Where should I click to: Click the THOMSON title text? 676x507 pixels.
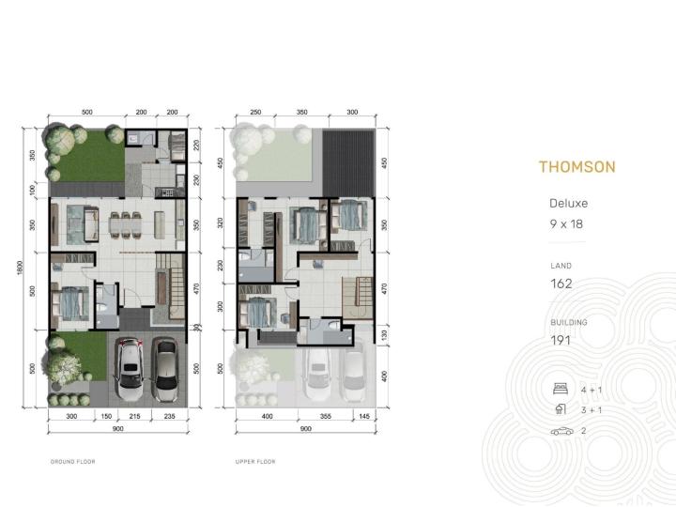(x=577, y=167)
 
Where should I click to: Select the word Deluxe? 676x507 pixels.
(x=568, y=203)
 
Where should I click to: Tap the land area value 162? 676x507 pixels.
(x=561, y=284)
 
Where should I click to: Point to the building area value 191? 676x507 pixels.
(x=561, y=341)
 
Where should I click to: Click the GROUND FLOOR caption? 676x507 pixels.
(x=73, y=462)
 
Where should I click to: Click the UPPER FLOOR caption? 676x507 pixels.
(x=255, y=462)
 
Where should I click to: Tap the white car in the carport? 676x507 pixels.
(x=131, y=369)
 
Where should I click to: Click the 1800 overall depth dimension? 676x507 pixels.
(x=20, y=269)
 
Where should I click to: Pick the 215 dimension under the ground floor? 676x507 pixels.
(x=134, y=417)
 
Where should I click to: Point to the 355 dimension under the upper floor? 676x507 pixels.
(x=326, y=417)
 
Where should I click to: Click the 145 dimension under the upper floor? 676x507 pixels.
(x=364, y=417)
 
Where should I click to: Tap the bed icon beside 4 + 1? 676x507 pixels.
(x=560, y=389)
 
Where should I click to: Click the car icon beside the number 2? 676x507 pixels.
(x=562, y=431)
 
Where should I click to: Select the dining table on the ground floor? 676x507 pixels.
(x=126, y=224)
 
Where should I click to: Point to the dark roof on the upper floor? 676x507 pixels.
(x=348, y=163)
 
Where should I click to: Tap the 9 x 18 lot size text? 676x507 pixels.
(x=566, y=224)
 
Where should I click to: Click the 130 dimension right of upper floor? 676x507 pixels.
(x=385, y=334)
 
